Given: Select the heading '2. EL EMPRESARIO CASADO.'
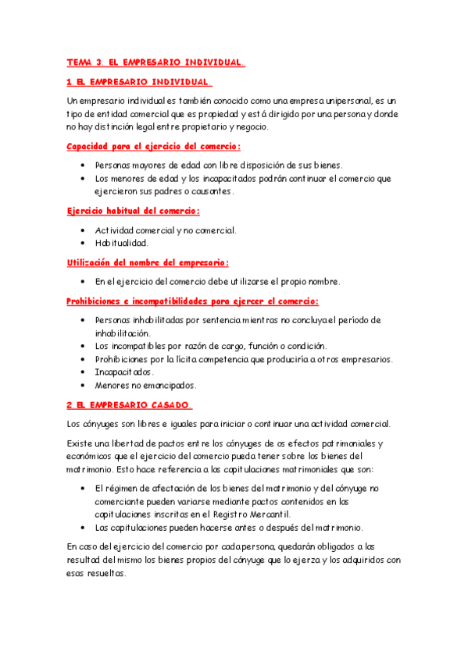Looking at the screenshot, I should click(x=129, y=404).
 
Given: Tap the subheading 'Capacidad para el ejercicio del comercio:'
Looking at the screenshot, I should click(x=153, y=146).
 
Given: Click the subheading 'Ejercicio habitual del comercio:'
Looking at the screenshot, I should click(x=133, y=211).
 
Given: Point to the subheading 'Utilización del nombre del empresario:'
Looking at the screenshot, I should click(x=147, y=263).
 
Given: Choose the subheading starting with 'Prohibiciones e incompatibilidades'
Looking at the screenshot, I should click(x=192, y=301).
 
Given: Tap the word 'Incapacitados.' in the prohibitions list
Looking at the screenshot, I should click(x=124, y=372).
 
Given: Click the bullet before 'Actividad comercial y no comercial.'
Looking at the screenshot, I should click(x=84, y=230).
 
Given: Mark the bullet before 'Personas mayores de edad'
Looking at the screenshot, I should click(x=84, y=165).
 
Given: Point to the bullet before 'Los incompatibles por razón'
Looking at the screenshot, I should click(x=84, y=346).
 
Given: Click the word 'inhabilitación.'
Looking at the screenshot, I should click(x=122, y=333).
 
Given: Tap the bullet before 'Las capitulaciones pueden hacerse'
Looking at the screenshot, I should click(x=84, y=527).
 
